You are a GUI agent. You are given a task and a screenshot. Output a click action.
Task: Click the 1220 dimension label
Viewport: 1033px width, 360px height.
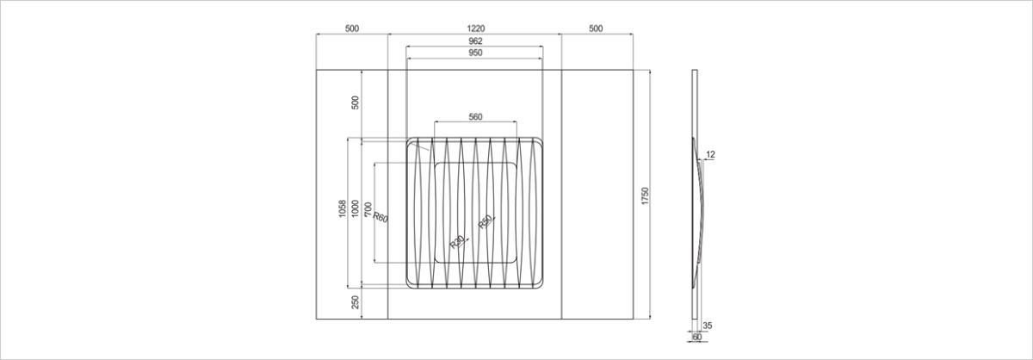point(475,28)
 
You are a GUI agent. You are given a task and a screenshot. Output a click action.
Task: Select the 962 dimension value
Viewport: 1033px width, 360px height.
point(475,41)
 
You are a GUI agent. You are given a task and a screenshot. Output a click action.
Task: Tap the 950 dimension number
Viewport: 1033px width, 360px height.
point(475,53)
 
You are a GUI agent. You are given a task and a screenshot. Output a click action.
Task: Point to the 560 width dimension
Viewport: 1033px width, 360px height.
point(475,117)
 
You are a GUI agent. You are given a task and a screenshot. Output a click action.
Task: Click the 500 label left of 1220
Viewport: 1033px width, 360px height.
point(352,28)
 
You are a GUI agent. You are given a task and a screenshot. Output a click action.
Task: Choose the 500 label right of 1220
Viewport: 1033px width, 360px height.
point(596,28)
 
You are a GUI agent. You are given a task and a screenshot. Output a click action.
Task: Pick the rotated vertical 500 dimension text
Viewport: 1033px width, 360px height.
point(355,102)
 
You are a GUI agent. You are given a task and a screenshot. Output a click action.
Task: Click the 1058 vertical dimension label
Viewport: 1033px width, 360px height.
point(343,208)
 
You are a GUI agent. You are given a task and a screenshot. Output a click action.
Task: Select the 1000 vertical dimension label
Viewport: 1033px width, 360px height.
point(355,208)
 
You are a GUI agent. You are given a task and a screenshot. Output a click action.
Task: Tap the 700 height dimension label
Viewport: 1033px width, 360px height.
point(368,209)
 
